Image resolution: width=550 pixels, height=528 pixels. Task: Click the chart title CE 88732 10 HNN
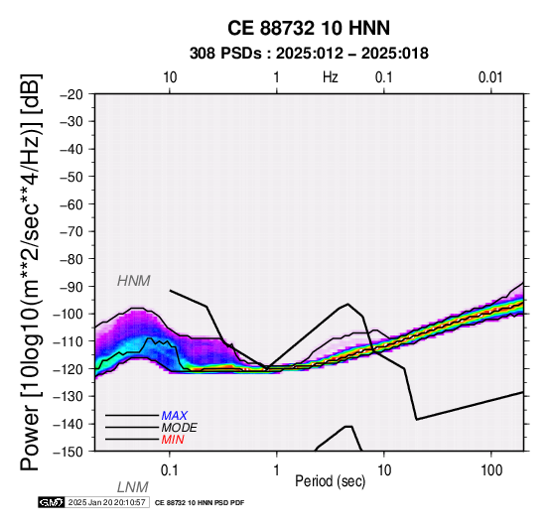pyautogui.click(x=309, y=28)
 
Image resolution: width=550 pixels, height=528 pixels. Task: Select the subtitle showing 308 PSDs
pyautogui.click(x=309, y=54)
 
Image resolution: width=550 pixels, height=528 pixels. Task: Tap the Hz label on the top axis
pyautogui.click(x=330, y=77)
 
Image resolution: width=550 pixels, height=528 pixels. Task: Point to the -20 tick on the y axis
pyautogui.click(x=71, y=95)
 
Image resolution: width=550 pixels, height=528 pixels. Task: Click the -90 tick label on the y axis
pyautogui.click(x=71, y=287)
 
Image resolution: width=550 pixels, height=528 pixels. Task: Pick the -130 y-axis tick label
pyautogui.click(x=69, y=397)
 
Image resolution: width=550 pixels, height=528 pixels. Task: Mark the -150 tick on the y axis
pyautogui.click(x=69, y=452)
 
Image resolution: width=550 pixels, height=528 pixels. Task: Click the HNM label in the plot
pyautogui.click(x=134, y=281)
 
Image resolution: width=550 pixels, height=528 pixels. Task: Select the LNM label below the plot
pyautogui.click(x=133, y=487)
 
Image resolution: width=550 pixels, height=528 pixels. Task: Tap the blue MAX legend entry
pyautogui.click(x=175, y=416)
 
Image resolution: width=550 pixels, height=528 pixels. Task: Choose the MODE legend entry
pyautogui.click(x=180, y=428)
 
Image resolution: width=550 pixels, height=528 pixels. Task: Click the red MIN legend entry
pyautogui.click(x=173, y=440)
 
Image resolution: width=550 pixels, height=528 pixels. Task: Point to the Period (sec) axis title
pyautogui.click(x=330, y=481)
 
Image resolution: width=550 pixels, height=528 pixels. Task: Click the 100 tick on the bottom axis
pyautogui.click(x=491, y=470)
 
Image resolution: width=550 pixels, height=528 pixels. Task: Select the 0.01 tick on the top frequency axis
pyautogui.click(x=490, y=77)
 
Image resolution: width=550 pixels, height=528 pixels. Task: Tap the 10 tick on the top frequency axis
pyautogui.click(x=170, y=77)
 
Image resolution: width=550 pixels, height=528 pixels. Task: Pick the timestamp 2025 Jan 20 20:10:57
pyautogui.click(x=106, y=503)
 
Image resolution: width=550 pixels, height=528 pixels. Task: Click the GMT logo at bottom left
pyautogui.click(x=52, y=503)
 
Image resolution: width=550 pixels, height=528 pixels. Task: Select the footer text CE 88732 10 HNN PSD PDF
pyautogui.click(x=200, y=503)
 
